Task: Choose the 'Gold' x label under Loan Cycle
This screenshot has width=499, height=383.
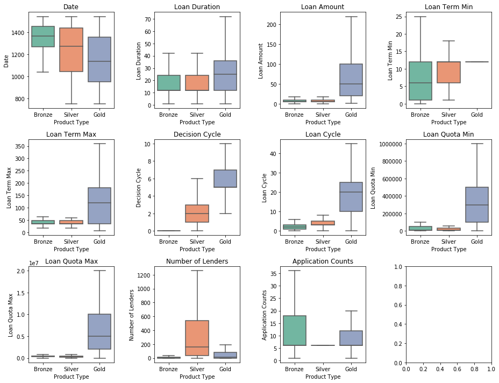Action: click(x=351, y=242)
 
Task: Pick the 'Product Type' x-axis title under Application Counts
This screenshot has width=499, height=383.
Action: click(x=323, y=377)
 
